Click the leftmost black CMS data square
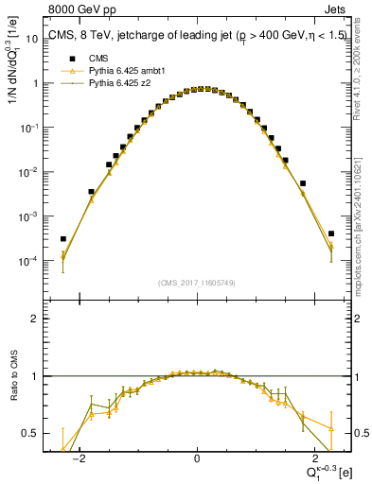pos(63,239)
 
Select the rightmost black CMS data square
pos(331,233)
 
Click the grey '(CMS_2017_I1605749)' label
pos(196,284)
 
